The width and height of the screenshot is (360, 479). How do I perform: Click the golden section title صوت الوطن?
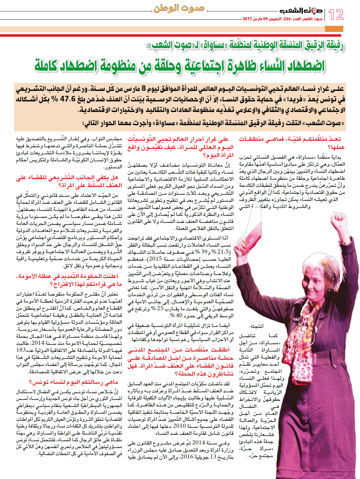(179, 8)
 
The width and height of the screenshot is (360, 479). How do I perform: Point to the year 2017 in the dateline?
(248, 19)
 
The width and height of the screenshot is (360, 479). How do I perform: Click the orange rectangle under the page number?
(334, 29)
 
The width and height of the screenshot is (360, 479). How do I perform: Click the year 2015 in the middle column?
(155, 259)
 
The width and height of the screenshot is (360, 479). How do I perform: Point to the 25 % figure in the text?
(160, 309)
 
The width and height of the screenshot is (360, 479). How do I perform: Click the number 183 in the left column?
(21, 350)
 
